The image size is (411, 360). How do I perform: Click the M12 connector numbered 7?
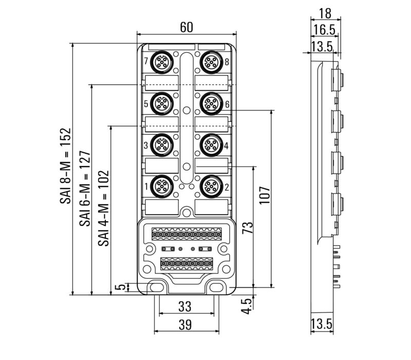(x=163, y=62)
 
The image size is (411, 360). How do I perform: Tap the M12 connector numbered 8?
(x=210, y=62)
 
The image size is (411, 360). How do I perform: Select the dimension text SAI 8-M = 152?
(x=65, y=167)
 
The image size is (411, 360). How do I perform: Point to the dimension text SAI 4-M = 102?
(x=103, y=208)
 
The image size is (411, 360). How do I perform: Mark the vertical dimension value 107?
(x=264, y=194)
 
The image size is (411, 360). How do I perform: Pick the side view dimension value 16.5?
(x=324, y=29)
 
